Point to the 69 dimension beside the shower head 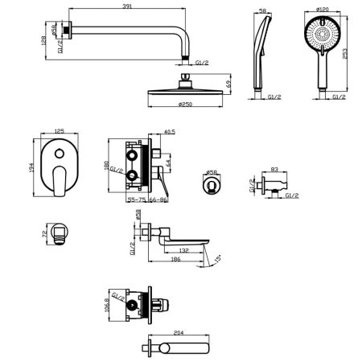pyautogui.click(x=231, y=84)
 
